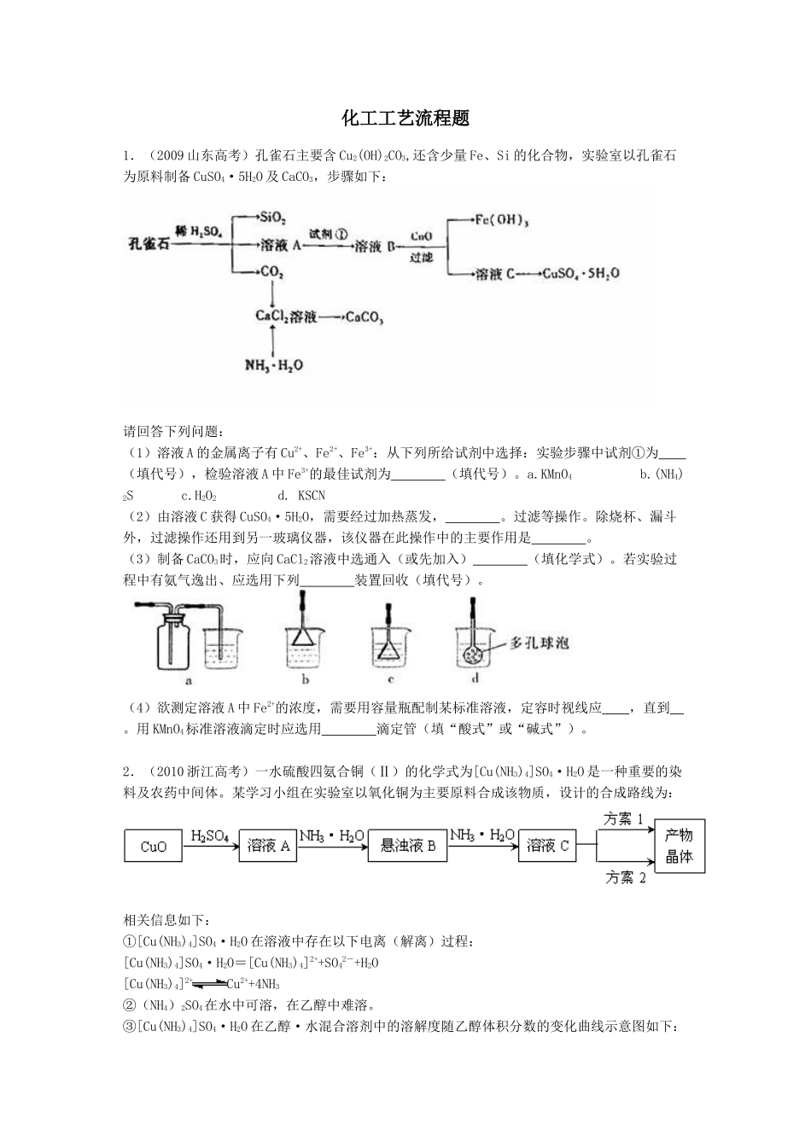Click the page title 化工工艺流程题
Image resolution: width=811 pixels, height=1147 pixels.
[x=405, y=118]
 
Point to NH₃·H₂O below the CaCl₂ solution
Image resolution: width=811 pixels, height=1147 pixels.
[x=273, y=365]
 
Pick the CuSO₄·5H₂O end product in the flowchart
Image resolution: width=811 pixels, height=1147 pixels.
[x=581, y=274]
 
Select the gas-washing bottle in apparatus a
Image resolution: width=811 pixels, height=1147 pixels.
[x=174, y=641]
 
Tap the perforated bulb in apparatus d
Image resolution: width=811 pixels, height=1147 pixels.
[x=472, y=653]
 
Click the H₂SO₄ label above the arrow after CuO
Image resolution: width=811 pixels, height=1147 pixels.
[x=209, y=836]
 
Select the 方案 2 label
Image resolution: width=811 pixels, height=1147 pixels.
[x=625, y=877]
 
